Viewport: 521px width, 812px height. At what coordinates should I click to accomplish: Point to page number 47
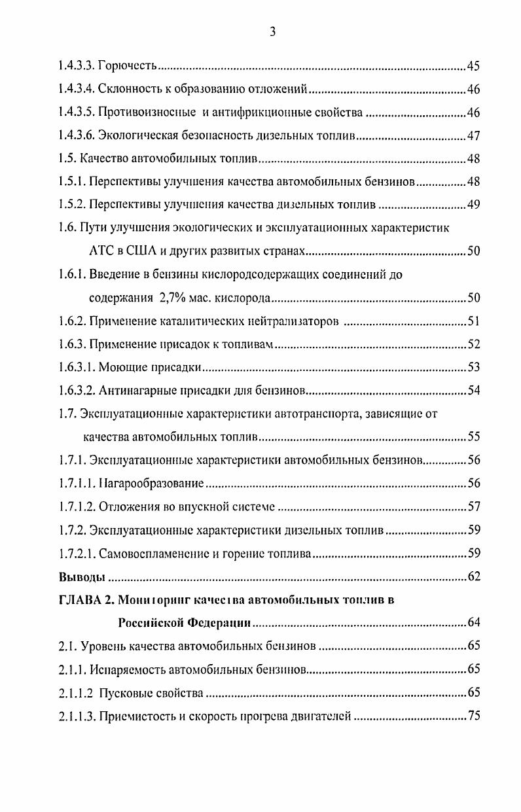pyautogui.click(x=474, y=136)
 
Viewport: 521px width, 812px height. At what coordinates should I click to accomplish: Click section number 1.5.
pyautogui.click(x=66, y=159)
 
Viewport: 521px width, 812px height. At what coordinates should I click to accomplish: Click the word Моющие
pyautogui.click(x=120, y=367)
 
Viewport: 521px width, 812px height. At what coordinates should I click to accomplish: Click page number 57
pyautogui.click(x=474, y=506)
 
